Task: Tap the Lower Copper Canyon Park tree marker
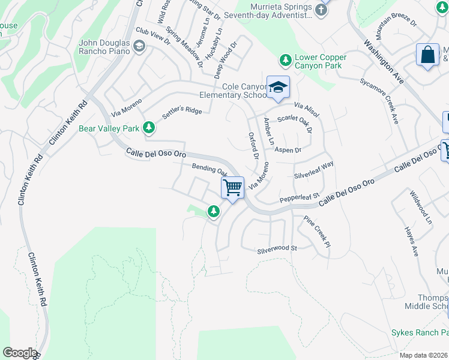point(285,61)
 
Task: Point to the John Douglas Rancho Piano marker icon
point(139,46)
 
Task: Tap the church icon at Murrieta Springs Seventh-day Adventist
point(322,10)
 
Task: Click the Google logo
point(19,353)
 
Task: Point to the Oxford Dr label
point(253,146)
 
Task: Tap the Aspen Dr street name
point(288,150)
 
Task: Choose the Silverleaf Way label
point(313,170)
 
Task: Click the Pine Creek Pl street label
point(317,233)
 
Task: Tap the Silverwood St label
point(277,248)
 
